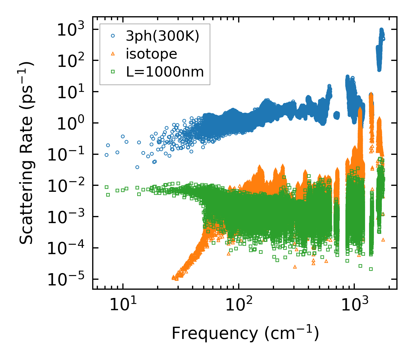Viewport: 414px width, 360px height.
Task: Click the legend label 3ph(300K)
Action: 162,37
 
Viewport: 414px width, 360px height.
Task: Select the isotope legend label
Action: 151,54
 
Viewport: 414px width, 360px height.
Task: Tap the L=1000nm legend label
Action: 165,72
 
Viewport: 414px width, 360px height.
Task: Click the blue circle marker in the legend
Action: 113,36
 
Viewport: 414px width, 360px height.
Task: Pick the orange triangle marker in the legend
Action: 113,54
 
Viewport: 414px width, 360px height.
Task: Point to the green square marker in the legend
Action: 113,72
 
